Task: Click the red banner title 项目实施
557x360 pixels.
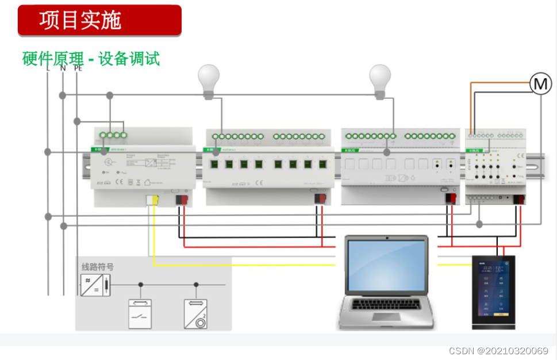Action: [x=80, y=20]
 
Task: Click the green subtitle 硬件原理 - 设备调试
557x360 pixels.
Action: [x=91, y=59]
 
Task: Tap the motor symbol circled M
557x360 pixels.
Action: [x=540, y=84]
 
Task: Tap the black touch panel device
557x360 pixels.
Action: [x=494, y=292]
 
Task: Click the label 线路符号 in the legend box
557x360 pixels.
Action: [x=97, y=267]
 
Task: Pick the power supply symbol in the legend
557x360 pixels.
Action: [x=94, y=285]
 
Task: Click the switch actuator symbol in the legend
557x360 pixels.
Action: [x=140, y=313]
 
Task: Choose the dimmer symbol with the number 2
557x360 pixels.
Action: [x=196, y=313]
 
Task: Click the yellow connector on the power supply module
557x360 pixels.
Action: [x=152, y=200]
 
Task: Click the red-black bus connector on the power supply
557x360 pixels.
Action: [x=182, y=200]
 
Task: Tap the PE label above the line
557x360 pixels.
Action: [x=78, y=68]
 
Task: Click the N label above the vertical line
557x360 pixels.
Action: [x=63, y=68]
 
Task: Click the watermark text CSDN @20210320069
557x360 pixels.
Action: [x=498, y=350]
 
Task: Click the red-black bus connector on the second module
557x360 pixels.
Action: [x=320, y=198]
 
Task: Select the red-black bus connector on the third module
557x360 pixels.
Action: [x=451, y=198]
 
